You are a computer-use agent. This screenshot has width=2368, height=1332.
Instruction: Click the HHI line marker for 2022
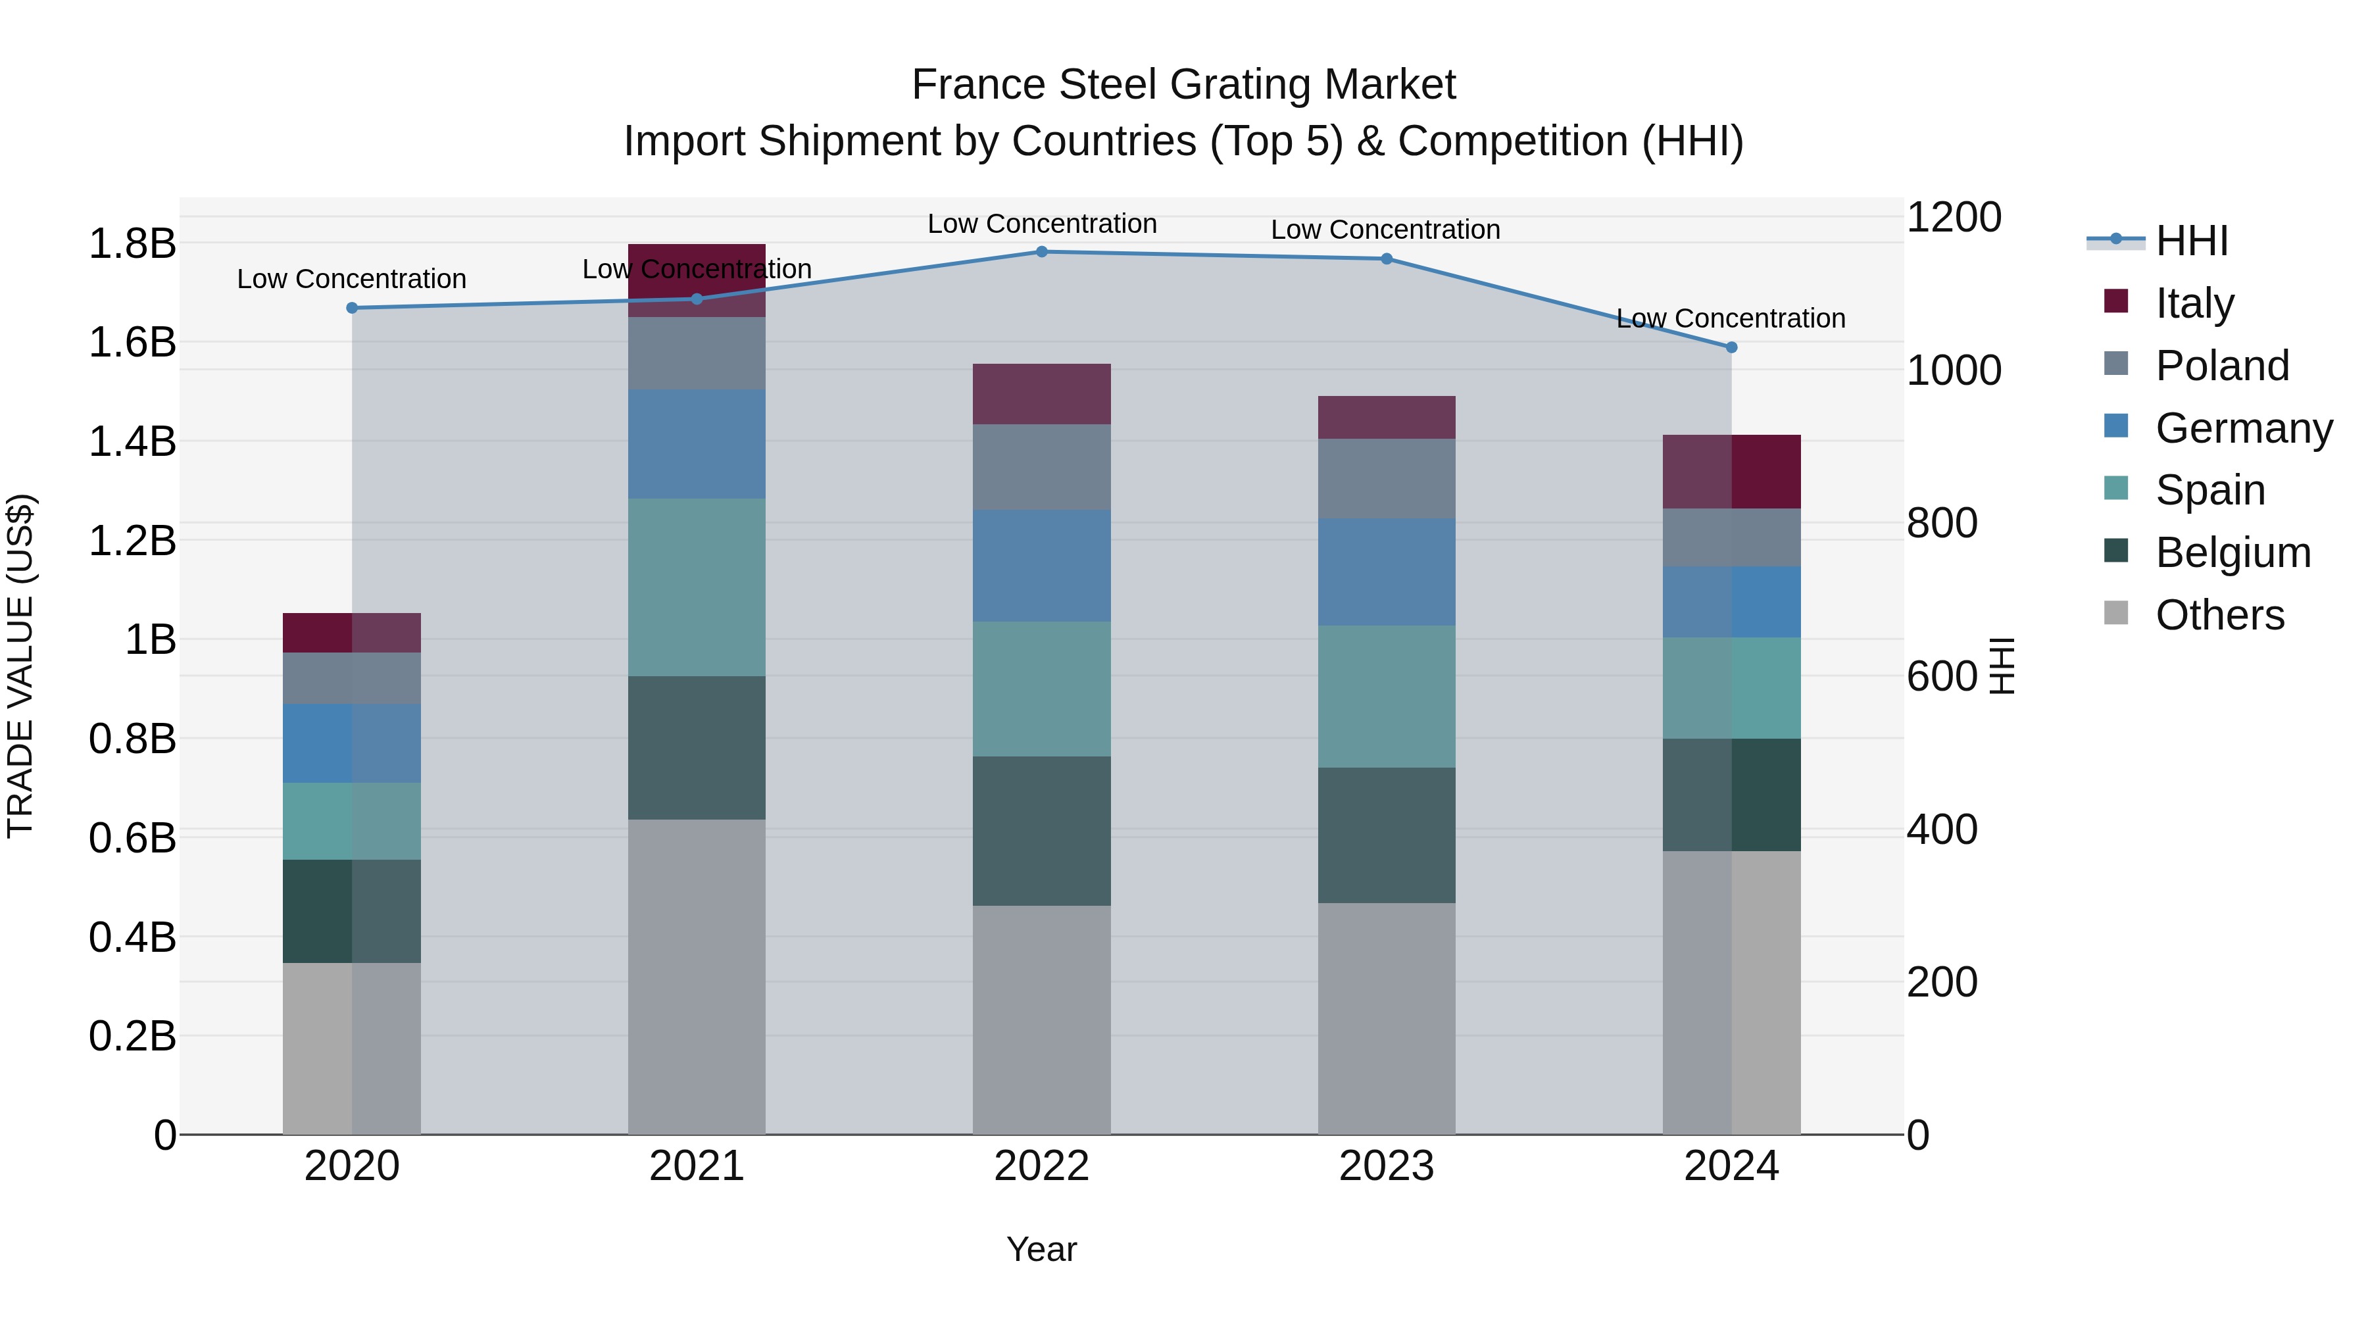click(x=1041, y=252)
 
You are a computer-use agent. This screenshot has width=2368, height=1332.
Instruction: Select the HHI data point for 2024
click(x=1732, y=347)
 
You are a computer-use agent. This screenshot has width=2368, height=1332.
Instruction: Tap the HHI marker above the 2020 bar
click(x=352, y=308)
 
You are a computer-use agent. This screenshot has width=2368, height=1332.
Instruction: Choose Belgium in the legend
click(x=2232, y=553)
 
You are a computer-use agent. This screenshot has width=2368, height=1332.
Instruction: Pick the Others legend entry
click(x=2219, y=615)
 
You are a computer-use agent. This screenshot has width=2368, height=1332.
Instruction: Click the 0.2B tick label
click(x=132, y=1036)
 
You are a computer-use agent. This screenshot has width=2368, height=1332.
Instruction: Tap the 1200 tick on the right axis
click(x=1954, y=218)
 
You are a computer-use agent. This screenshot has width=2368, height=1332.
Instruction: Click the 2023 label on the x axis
click(x=1386, y=1166)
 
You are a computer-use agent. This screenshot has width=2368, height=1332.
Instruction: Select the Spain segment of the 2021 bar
click(x=697, y=587)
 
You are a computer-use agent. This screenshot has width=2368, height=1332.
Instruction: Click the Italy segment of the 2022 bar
click(x=1041, y=395)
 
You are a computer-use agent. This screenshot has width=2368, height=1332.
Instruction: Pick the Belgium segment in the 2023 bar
click(x=1386, y=835)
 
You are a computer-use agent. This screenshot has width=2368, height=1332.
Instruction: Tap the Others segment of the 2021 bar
click(x=697, y=976)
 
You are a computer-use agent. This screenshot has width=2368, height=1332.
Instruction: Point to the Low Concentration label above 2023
click(x=1385, y=230)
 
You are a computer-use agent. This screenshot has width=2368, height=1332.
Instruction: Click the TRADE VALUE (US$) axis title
click(x=20, y=666)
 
